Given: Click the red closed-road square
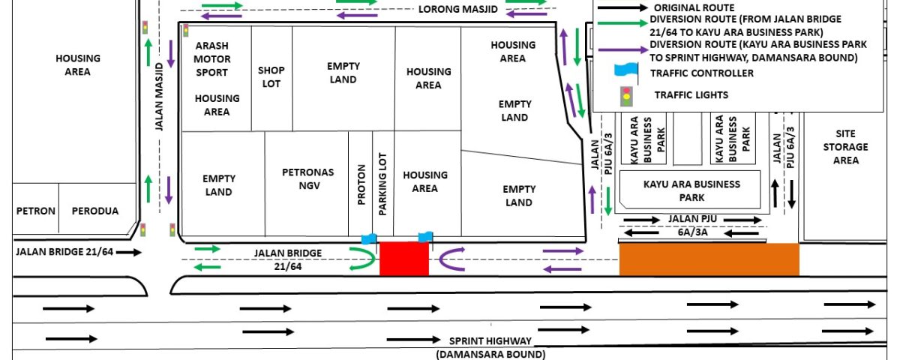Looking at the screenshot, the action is (x=404, y=259).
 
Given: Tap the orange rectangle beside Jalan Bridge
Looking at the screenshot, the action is (x=709, y=259).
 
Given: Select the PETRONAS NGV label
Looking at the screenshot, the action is (x=308, y=178).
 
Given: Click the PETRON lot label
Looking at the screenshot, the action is (x=36, y=211).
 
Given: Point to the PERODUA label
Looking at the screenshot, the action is (x=95, y=211).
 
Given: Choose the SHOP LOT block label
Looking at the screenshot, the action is (x=271, y=76).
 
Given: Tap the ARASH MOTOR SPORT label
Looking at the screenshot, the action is (x=211, y=59).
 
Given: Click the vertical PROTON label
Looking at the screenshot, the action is (x=361, y=184).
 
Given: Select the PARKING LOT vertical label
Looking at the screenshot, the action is (x=382, y=184).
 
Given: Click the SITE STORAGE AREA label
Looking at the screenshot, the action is (x=846, y=147).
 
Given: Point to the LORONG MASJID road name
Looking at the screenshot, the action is (x=458, y=9).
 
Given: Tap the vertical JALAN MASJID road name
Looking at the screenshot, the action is (x=159, y=97).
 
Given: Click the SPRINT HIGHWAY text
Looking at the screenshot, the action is (x=490, y=341).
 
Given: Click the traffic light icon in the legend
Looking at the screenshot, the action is (x=626, y=97).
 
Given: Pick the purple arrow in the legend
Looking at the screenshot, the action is (x=623, y=50).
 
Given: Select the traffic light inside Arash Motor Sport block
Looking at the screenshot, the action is (x=186, y=31).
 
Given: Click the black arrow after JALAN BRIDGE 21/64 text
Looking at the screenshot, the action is (x=129, y=252).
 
